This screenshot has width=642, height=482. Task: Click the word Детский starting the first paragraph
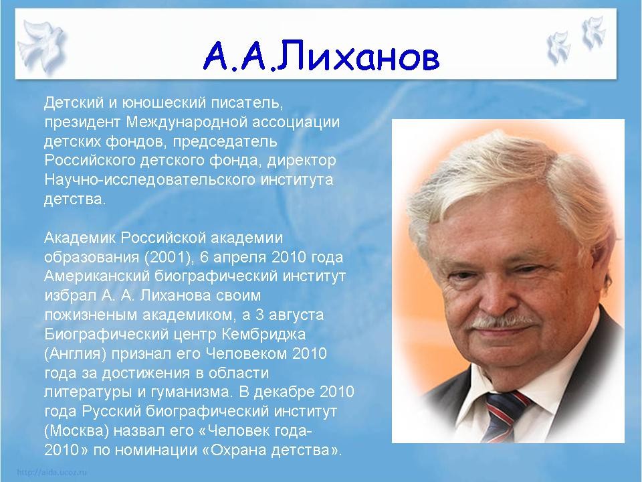pos(74,102)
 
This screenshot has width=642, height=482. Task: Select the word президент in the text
pos(82,123)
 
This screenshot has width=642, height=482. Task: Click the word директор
pos(302,161)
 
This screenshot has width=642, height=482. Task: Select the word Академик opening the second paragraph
pos(80,238)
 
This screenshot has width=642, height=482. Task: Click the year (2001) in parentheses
pos(169,258)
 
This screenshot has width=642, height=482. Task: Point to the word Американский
pos(97,276)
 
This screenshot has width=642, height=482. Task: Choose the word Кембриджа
pos(263,335)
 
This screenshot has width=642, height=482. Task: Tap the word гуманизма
pos(191,393)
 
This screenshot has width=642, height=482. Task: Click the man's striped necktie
pos(504,413)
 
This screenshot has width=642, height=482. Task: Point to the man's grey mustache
pos(502,321)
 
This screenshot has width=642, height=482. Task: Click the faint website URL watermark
pos(51,472)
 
